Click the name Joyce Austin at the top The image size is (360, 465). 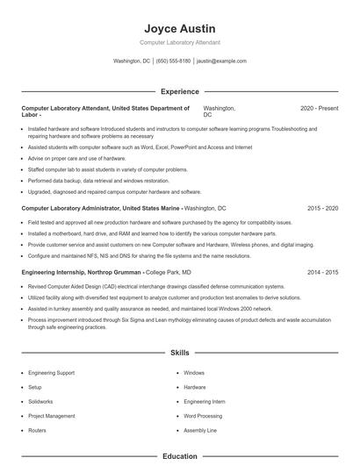[179, 29]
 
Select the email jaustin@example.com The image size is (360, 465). [221, 61]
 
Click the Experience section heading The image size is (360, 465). [179, 91]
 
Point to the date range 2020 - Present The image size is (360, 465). [319, 108]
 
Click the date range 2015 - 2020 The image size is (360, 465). [322, 209]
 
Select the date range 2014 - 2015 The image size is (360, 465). [322, 273]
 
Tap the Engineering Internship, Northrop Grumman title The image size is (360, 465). [79, 273]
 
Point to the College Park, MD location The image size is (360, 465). [168, 273]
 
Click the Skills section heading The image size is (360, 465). [179, 353]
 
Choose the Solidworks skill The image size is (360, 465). [40, 401]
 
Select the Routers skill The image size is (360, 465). [37, 431]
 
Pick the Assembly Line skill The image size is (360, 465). [199, 431]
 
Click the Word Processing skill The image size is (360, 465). [203, 416]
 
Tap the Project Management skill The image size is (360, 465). [52, 416]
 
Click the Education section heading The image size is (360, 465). [179, 456]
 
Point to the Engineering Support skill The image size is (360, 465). [51, 372]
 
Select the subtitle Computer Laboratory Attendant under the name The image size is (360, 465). [179, 43]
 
